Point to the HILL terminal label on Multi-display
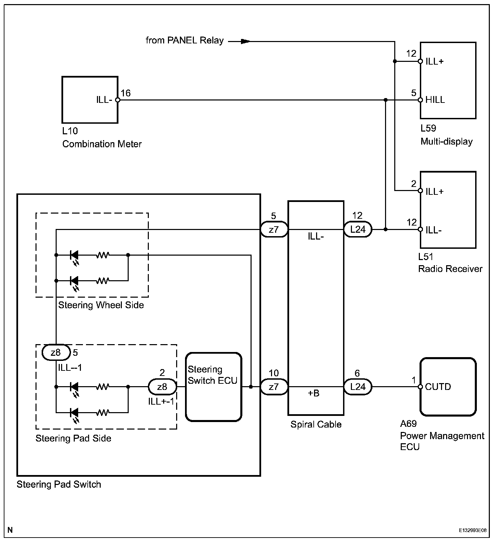(x=435, y=100)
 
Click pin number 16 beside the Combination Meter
(x=126, y=93)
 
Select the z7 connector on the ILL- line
(x=274, y=230)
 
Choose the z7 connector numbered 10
(x=274, y=387)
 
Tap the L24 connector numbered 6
(x=358, y=387)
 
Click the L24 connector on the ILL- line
(x=358, y=230)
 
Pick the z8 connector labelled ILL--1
(x=56, y=352)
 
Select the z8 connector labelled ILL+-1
(x=162, y=387)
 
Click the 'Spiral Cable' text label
(x=316, y=424)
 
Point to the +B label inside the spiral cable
(x=314, y=393)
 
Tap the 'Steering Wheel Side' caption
(x=101, y=305)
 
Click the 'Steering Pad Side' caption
(x=73, y=438)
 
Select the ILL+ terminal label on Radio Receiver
(x=435, y=191)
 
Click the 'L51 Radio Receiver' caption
(x=450, y=263)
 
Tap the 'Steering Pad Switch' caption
(x=59, y=485)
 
